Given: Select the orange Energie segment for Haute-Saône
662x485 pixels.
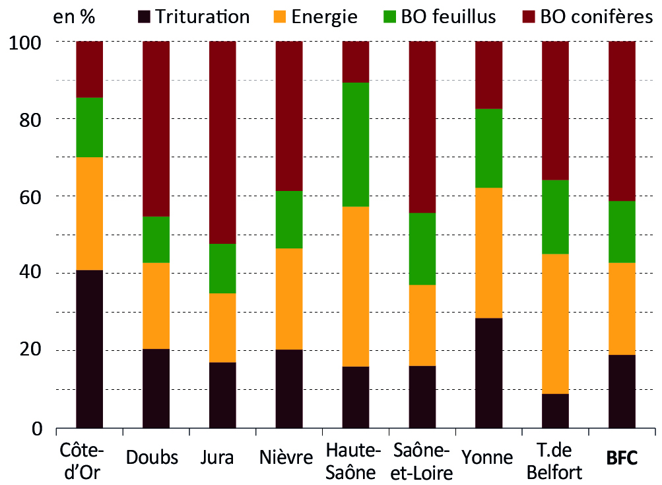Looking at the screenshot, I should point(356,286).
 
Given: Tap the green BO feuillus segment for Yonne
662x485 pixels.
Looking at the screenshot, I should point(489,148).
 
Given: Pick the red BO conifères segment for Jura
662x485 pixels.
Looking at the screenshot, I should point(222,142).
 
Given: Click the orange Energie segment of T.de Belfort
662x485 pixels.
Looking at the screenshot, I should point(556,324).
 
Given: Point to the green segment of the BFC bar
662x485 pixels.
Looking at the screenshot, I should point(622,231).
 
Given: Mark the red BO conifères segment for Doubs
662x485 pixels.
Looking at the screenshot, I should point(156,128).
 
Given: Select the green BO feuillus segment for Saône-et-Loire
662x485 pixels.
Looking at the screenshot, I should point(422,248).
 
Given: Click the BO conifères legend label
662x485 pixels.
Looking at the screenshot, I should point(596,17).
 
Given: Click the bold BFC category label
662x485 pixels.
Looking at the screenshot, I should point(622,458).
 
